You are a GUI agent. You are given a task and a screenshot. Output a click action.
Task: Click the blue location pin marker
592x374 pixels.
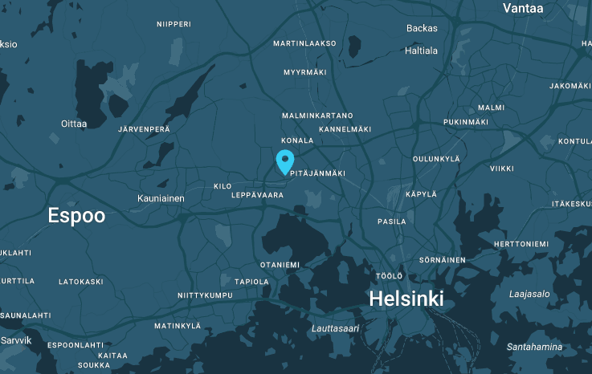(x=284, y=161)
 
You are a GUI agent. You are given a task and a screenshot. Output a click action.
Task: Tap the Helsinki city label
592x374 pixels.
(x=406, y=299)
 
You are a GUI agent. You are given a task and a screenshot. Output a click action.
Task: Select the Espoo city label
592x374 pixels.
(x=76, y=215)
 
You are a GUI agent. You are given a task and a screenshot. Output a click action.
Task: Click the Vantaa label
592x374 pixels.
(x=523, y=8)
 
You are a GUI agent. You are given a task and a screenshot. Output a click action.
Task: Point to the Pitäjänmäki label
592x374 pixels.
(x=318, y=173)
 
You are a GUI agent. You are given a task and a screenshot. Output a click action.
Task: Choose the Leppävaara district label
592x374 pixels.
(x=257, y=195)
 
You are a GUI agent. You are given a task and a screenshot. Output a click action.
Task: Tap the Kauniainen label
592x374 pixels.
(x=161, y=198)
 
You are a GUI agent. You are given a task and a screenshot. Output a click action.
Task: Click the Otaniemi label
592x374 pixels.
(x=280, y=265)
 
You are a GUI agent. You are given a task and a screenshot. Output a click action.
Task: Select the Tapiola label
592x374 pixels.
(x=251, y=282)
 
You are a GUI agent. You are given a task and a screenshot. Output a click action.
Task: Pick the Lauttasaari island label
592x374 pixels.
(x=335, y=328)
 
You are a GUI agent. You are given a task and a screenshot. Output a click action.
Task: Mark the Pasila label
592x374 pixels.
(x=392, y=222)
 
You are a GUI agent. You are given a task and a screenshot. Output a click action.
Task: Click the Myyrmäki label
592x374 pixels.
(x=305, y=73)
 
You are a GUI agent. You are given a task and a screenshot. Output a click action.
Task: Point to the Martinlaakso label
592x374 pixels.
(x=304, y=43)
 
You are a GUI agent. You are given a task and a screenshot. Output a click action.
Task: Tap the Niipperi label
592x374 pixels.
(x=174, y=24)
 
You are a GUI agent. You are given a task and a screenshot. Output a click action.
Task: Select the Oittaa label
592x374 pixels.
(x=73, y=124)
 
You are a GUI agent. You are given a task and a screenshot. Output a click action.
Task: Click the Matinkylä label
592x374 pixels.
(x=178, y=326)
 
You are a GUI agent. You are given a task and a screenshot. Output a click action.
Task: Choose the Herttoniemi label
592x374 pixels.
(x=521, y=244)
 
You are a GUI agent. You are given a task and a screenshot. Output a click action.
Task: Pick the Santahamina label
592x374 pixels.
(x=533, y=348)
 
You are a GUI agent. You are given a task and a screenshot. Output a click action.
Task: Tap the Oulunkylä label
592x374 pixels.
(x=436, y=159)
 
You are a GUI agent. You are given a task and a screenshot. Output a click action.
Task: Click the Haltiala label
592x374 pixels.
(x=422, y=51)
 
